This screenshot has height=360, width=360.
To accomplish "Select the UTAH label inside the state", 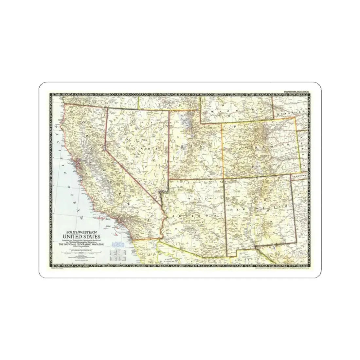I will pyautogui.click(x=192, y=147).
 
